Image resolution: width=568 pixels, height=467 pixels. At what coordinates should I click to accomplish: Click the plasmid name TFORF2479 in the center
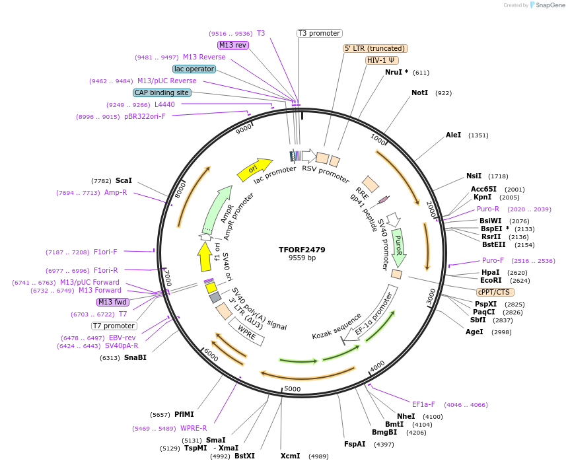point(302,250)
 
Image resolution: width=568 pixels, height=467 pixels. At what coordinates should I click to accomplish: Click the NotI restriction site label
point(419,93)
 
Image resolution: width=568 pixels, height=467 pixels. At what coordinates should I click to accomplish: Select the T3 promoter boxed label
point(319,33)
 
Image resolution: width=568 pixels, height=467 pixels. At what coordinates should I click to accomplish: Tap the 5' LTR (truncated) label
point(375,48)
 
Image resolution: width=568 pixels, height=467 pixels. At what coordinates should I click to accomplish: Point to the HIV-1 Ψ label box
point(382,60)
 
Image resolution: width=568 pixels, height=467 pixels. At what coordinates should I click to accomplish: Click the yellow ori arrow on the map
point(255,169)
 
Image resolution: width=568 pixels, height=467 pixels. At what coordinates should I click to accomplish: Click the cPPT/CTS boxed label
point(493,292)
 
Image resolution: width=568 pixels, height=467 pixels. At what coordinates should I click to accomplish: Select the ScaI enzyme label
point(124,180)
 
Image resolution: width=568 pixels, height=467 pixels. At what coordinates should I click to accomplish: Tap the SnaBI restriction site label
point(135,358)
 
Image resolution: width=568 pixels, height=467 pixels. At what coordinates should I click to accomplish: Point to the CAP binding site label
point(162,92)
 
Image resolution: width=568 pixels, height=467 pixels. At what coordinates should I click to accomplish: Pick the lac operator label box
point(194,69)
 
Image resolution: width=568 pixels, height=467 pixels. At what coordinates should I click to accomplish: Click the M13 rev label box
point(232,45)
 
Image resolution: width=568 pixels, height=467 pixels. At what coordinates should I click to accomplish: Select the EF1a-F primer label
point(423,404)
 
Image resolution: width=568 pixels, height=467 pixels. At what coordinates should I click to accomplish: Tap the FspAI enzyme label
point(355,444)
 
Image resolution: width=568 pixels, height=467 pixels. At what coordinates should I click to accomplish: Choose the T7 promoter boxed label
point(114,326)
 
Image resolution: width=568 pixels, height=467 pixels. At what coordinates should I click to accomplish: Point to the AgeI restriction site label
point(474,332)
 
